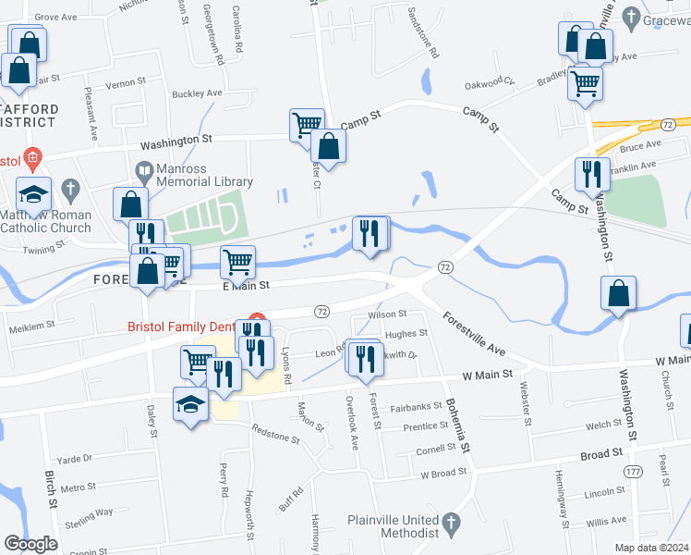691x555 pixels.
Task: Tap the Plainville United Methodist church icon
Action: click(x=451, y=524)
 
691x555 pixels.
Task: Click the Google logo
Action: click(x=30, y=544)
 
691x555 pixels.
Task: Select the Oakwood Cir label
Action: click(x=490, y=80)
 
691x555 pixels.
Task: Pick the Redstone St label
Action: click(x=276, y=436)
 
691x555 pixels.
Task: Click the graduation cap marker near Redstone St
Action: click(x=191, y=403)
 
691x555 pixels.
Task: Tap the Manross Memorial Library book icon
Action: click(x=144, y=171)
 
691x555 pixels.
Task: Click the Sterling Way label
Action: click(x=89, y=512)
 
